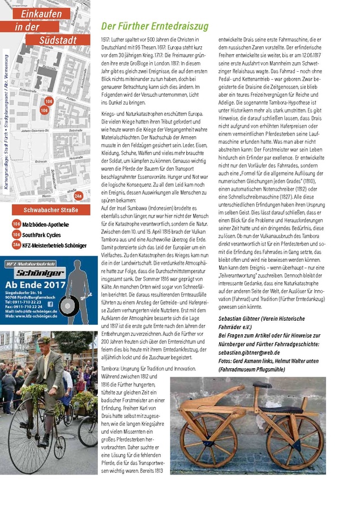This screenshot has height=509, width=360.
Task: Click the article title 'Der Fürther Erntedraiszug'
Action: click(x=155, y=27)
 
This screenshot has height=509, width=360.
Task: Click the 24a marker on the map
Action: click(x=79, y=196)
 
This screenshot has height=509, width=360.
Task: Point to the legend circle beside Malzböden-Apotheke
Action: click(x=16, y=225)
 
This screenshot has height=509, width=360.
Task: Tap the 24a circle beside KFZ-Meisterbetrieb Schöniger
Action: click(x=16, y=245)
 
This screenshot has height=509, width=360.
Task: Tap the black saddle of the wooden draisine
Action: click(x=262, y=385)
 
